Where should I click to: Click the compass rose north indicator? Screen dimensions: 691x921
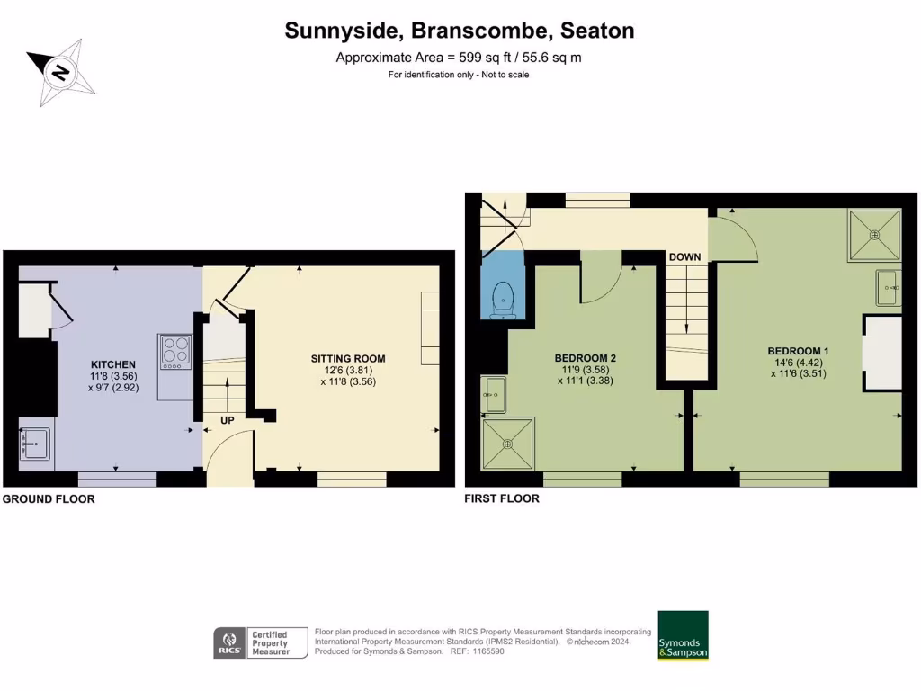(60, 72)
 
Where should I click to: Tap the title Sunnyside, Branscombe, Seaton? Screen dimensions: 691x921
(460, 31)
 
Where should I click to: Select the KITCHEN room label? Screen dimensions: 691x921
(113, 364)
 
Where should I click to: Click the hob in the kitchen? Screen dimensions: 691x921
(175, 352)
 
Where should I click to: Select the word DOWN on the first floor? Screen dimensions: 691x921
(684, 257)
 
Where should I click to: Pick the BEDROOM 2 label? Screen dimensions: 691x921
(585, 357)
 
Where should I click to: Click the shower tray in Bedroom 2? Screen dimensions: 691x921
(508, 443)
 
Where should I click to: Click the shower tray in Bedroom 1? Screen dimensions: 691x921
(873, 235)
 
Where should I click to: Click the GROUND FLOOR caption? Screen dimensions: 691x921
(49, 498)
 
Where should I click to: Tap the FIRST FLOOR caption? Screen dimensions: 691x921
(502, 498)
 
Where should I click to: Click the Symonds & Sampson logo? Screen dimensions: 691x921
(683, 635)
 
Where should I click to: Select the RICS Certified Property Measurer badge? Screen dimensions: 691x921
(260, 642)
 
